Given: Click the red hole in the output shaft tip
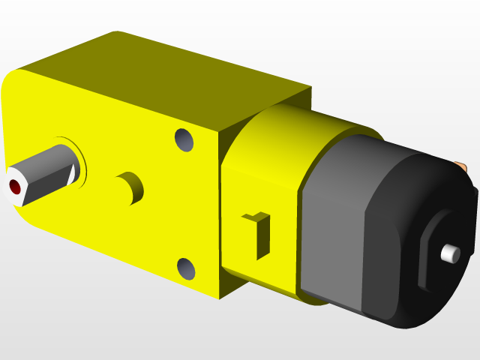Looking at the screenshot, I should (x=13, y=185).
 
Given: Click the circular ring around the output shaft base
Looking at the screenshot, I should (x=81, y=160).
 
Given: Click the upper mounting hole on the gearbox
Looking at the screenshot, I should (x=184, y=139).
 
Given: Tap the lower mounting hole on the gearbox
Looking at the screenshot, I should (x=184, y=267).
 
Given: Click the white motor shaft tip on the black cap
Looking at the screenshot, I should (x=450, y=253).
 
